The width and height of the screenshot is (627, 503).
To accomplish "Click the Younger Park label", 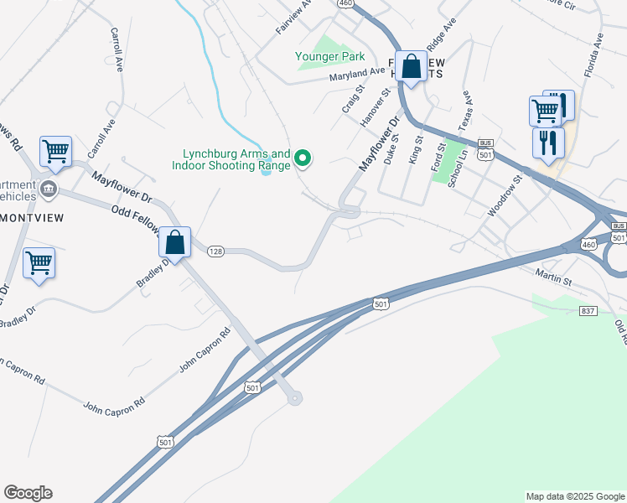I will point(329,57).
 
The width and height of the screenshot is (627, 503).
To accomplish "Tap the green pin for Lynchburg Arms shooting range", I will point(304,157).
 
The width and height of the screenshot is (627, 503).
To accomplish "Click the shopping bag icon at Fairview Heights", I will point(412,67).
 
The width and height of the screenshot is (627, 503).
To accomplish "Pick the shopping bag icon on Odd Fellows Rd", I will point(174,243).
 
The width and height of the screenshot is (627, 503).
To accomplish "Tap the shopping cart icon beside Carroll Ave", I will point(55,152).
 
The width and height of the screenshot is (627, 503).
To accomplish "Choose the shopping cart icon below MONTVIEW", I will point(39,262).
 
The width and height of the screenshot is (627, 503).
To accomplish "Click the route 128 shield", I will point(215,251).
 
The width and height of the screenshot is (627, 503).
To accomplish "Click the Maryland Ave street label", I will point(356,75).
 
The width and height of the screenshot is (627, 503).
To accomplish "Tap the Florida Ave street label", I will point(595,54).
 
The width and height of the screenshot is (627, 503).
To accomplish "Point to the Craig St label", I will point(351,99).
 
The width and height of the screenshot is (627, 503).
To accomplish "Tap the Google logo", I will point(28,493).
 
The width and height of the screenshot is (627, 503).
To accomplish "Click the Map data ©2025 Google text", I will point(574,496).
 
